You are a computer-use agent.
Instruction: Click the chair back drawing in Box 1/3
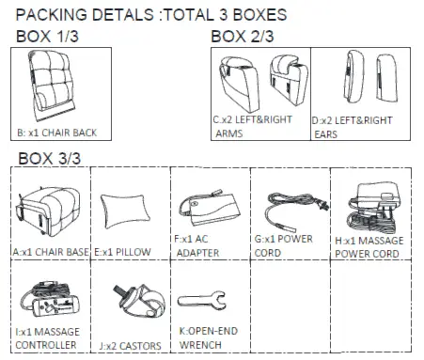[53, 86]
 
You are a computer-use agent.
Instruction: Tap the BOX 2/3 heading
[243, 37]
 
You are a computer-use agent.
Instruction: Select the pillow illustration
[125, 210]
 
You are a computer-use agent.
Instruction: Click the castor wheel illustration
[140, 301]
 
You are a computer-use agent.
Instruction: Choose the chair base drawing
[48, 211]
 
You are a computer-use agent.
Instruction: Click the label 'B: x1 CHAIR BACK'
[57, 133]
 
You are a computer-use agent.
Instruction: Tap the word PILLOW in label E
[133, 252]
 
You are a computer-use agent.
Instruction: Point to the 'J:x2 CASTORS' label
[131, 346]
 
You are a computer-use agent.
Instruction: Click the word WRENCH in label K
[200, 345]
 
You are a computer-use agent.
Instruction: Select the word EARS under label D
[325, 134]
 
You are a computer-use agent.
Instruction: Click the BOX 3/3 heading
[50, 158]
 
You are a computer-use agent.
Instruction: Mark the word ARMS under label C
[229, 133]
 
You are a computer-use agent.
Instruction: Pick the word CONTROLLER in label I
[46, 345]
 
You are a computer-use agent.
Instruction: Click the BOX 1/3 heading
[47, 37]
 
